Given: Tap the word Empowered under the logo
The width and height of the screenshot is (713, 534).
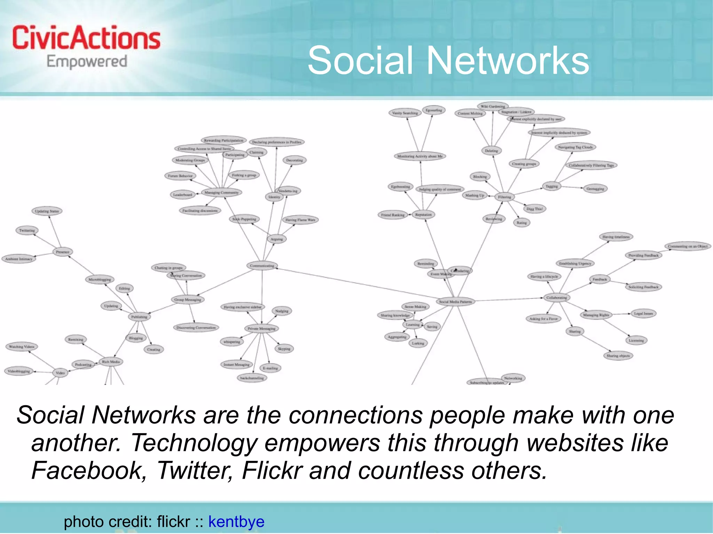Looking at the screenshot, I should [x=87, y=62].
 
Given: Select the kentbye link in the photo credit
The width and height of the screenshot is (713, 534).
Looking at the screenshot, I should [x=236, y=521].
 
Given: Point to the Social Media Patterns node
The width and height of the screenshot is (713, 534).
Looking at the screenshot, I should [x=455, y=302].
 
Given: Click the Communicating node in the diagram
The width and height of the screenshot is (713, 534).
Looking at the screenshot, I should [x=262, y=266].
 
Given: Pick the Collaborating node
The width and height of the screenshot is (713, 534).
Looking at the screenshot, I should [x=556, y=297].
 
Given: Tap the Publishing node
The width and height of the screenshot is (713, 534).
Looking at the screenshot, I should [x=139, y=317].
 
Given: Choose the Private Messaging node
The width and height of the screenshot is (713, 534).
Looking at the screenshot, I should [x=261, y=328].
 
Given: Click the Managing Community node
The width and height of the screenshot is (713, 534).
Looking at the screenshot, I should [x=221, y=192].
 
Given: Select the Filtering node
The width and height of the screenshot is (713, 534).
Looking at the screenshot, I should [x=504, y=197].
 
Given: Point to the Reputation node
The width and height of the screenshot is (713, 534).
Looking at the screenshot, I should [x=423, y=215].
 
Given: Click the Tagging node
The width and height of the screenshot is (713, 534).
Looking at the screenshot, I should [x=551, y=186].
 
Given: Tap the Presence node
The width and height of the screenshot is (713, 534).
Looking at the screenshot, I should [x=63, y=252].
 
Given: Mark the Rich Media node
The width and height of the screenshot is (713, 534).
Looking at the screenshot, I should [x=111, y=362].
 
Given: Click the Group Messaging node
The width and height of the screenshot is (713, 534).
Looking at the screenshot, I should [x=188, y=300].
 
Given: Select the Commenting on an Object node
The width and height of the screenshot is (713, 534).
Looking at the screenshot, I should [x=688, y=246].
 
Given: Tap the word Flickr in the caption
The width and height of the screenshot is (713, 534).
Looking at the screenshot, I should [x=272, y=470].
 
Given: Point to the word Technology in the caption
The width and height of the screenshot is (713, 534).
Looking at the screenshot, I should [x=194, y=443].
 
